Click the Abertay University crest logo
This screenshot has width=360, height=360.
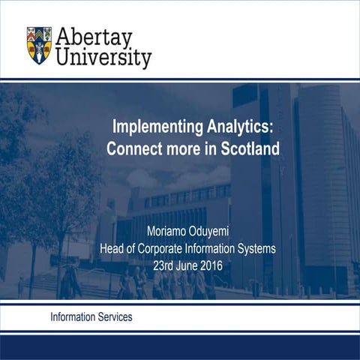coord(39,45)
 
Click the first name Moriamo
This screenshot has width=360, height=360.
coord(174,230)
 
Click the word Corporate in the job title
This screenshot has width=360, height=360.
coord(165,248)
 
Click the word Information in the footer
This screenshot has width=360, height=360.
coord(73,317)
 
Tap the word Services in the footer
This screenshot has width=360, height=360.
coord(115,317)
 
